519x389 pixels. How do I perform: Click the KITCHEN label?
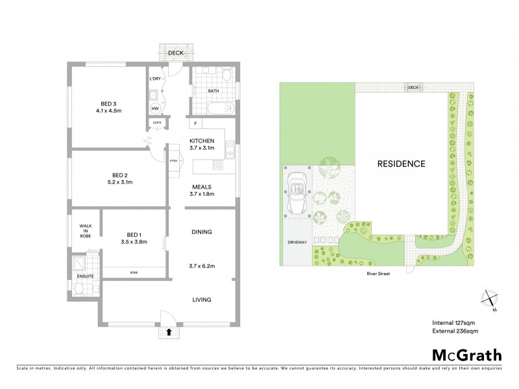click(202, 141)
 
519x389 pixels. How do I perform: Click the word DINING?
click(202, 231)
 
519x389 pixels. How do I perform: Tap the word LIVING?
click(202, 300)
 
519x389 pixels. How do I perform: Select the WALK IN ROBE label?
click(84, 231)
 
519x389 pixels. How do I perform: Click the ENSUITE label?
click(85, 277)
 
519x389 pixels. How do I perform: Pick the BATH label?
click(213, 91)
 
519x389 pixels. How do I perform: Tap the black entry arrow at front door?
click(169, 332)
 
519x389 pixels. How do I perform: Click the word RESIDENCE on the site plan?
click(402, 164)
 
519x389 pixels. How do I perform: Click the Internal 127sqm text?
click(454, 323)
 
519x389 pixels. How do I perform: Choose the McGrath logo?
click(466, 354)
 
